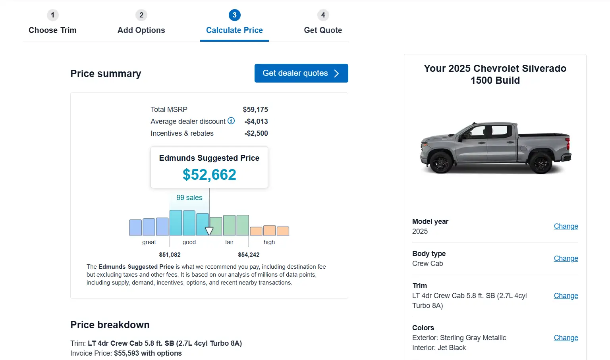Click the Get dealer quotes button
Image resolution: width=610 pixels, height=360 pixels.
point(301,73)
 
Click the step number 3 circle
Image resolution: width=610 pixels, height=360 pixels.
point(234,15)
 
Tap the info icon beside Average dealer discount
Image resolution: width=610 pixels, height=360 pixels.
point(231,121)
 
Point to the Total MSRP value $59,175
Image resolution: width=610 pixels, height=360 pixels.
point(255,110)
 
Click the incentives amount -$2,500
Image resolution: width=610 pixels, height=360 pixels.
point(256,133)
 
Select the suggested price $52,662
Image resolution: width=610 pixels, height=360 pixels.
point(209,175)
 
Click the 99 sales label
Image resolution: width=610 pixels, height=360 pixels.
point(189,198)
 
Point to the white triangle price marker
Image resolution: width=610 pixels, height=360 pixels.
point(209,231)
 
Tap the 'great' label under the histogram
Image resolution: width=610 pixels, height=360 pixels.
point(149,242)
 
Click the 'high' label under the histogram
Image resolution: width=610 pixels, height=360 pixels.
point(269,242)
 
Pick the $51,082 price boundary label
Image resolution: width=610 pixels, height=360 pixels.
point(170,255)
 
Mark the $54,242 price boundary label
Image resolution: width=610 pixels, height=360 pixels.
point(249,255)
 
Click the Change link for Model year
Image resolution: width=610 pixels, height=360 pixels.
point(566,226)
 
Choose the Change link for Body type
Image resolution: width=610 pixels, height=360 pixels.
point(566,258)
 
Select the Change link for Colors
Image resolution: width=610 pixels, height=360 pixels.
point(566,338)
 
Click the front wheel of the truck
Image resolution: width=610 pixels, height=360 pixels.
point(441,162)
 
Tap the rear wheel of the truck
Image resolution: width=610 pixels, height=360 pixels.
point(541,162)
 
